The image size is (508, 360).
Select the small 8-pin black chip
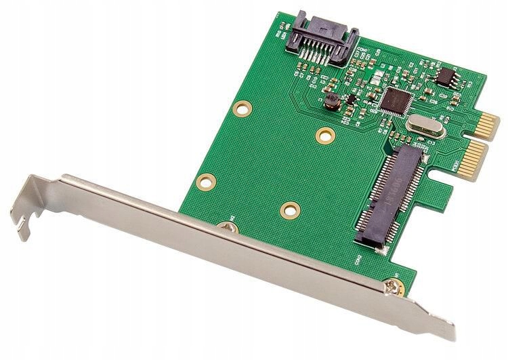(x=445, y=77)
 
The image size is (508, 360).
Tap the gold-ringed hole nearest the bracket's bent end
(x=207, y=181)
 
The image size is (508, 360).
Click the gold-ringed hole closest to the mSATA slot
(x=290, y=209)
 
